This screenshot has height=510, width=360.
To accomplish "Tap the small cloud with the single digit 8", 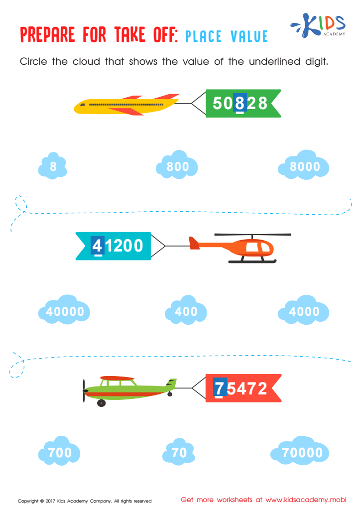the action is click(x=53, y=166).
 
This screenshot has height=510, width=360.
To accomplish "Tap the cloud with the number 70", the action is click(x=179, y=451).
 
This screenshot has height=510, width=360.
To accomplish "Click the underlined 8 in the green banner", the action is click(x=240, y=103).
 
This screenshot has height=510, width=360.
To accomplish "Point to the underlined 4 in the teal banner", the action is click(x=97, y=246).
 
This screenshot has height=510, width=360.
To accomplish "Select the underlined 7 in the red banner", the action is click(x=220, y=388).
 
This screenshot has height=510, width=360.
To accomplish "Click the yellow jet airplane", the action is click(x=126, y=105).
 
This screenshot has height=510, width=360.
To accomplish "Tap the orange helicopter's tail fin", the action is click(x=194, y=243).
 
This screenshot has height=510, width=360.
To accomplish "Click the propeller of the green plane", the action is click(x=84, y=390).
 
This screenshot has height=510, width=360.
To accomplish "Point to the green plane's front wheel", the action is click(x=102, y=403).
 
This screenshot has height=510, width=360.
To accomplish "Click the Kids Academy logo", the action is click(x=318, y=25).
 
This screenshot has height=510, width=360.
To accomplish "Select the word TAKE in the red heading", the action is click(x=129, y=35).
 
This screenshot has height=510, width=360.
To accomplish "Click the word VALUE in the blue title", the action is click(x=249, y=36).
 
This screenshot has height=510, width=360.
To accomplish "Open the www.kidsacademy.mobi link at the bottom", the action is click(x=306, y=500).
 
